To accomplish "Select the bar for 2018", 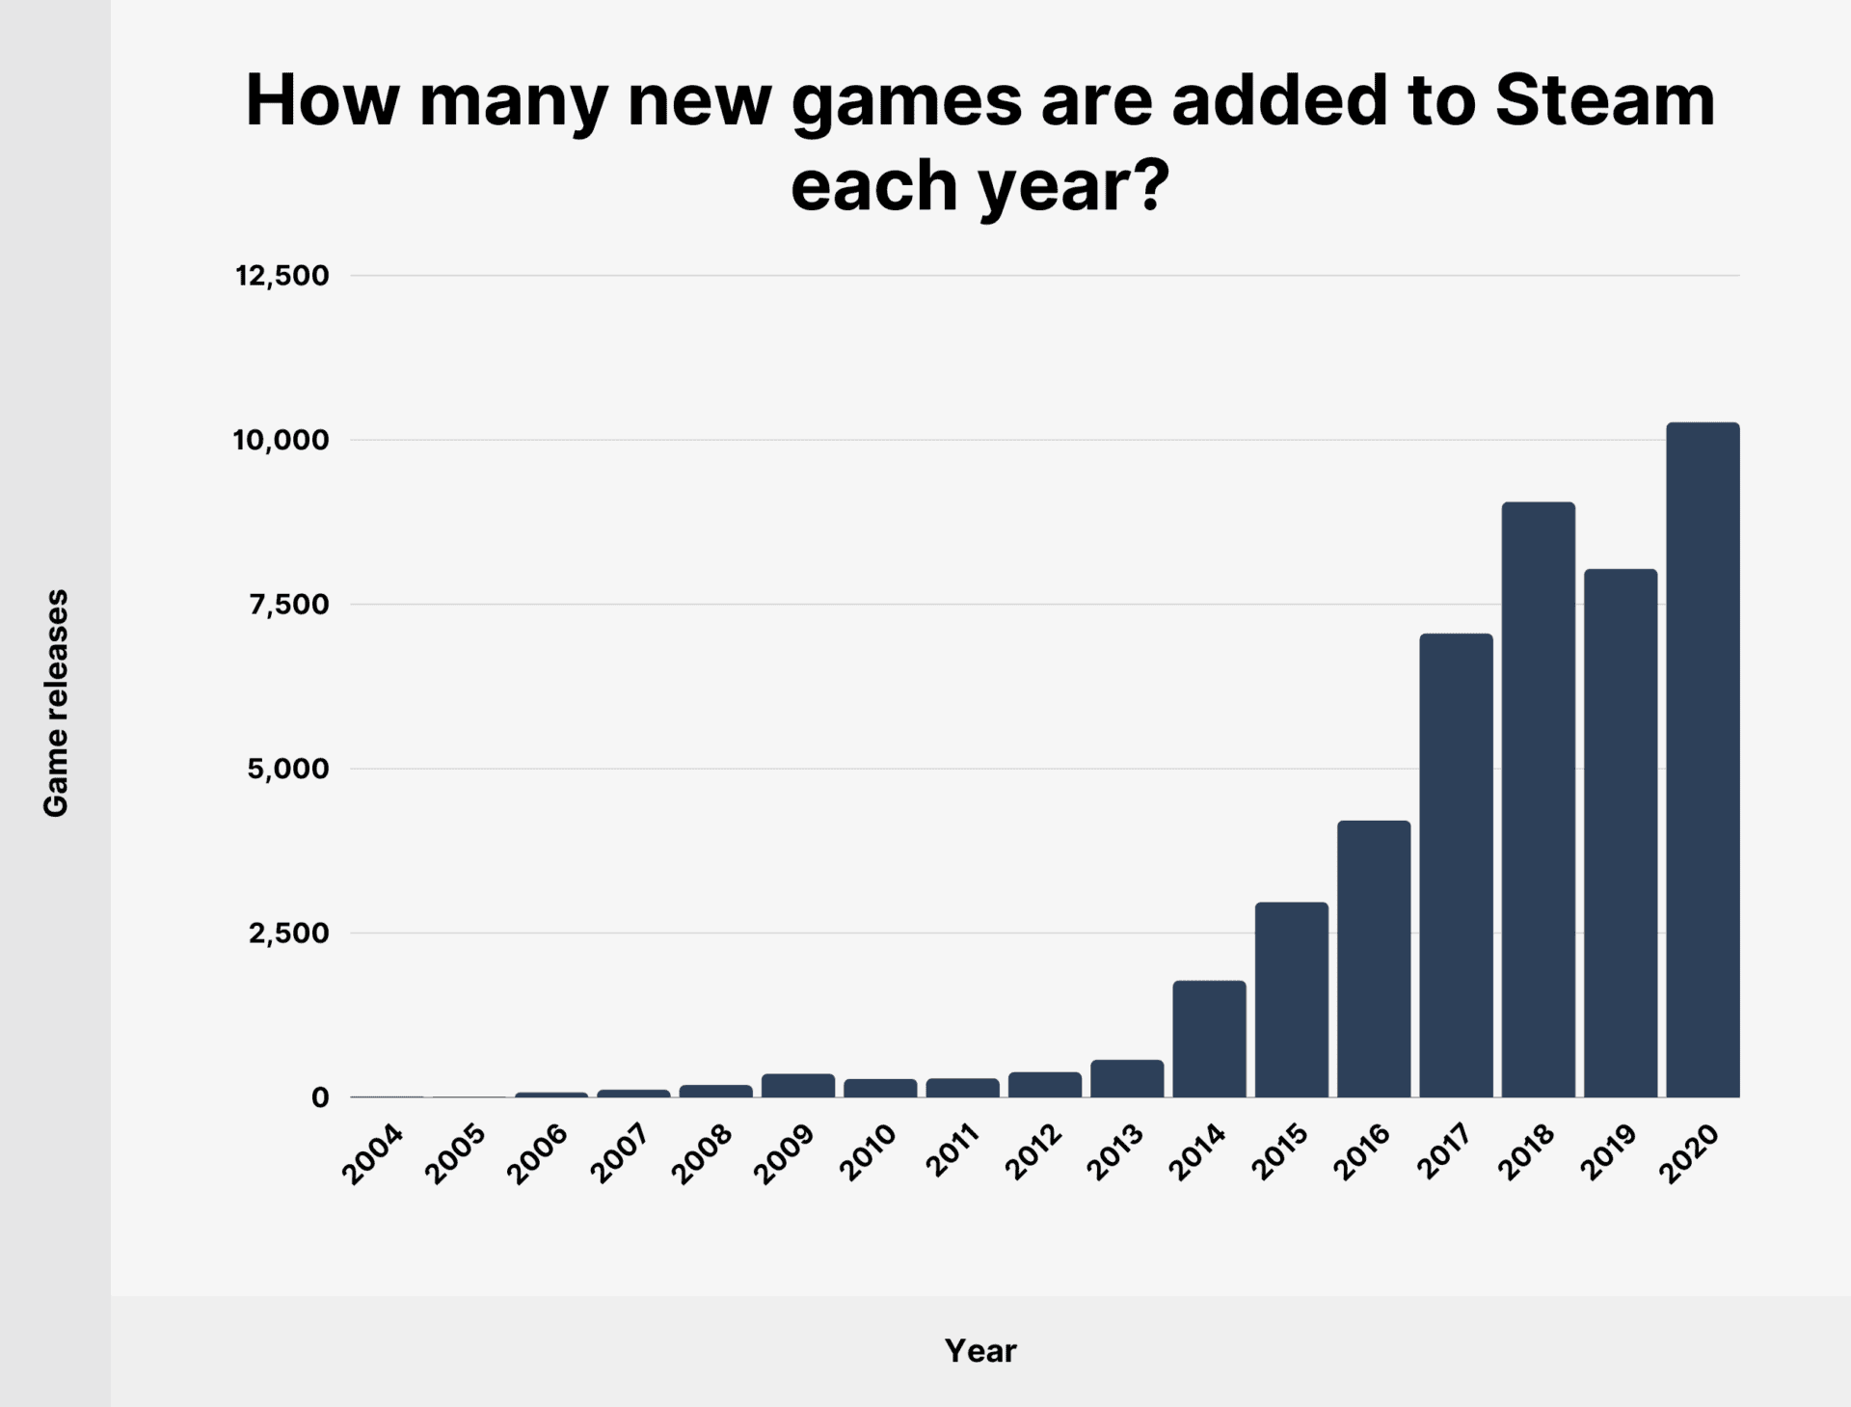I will [x=1538, y=799].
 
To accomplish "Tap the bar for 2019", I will [x=1621, y=833].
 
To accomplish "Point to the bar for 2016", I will [x=1374, y=959].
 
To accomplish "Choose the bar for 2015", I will [x=1291, y=1000].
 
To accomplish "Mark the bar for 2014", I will [x=1209, y=1039].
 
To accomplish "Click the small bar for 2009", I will [x=798, y=1086].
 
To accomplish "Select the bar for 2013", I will [x=1127, y=1079].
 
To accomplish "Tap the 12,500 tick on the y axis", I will [x=282, y=276].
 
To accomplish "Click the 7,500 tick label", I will [x=288, y=605].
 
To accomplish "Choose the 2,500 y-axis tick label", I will [x=288, y=933].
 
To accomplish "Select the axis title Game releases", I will [x=56, y=703].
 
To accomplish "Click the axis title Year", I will [x=979, y=1351].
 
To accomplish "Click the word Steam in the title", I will [x=1604, y=101].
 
